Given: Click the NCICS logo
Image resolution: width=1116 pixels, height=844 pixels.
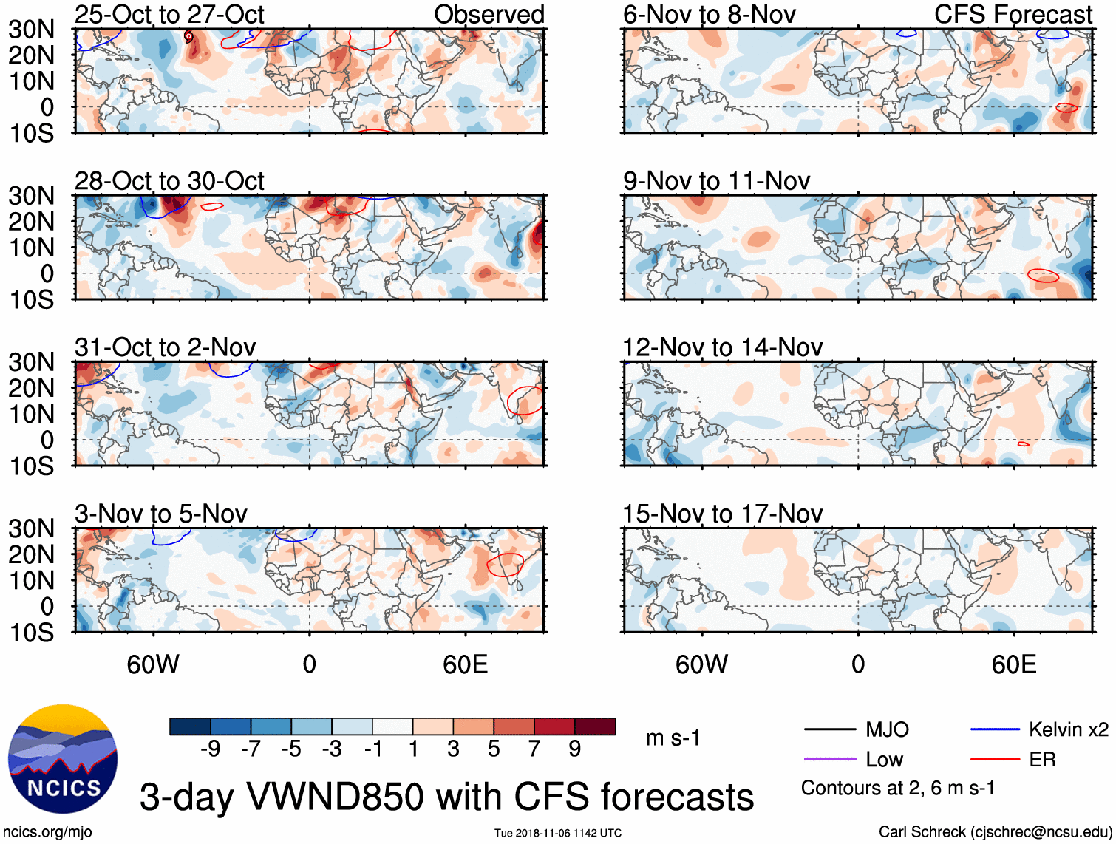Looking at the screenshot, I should (62, 759).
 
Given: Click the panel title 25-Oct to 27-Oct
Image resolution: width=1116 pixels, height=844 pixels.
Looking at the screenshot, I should (169, 15).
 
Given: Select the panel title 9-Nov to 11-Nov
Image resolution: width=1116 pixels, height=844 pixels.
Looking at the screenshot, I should (716, 181).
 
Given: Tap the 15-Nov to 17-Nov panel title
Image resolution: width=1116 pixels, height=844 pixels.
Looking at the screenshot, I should (722, 514).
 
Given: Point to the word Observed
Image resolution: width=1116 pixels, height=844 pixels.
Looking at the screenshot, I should (489, 15).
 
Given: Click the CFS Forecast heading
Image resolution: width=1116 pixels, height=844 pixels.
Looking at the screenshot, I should (1013, 15).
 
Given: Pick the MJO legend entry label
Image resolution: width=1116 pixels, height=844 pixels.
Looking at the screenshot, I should (887, 730).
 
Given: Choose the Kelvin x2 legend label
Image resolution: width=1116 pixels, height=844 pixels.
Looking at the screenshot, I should (1068, 730).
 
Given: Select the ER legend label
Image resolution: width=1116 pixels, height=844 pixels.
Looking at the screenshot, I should (1042, 760).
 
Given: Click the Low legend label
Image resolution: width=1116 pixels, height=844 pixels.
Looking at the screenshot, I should (885, 760).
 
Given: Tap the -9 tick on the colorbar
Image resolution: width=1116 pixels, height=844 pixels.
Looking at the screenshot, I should (210, 749).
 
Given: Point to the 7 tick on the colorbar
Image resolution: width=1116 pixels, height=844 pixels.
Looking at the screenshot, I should (534, 749).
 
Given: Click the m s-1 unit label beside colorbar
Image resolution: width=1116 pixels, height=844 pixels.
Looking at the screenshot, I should (673, 738).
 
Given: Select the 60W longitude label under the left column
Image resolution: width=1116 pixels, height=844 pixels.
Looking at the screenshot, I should (153, 664).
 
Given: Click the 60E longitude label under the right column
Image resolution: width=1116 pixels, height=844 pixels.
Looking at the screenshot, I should (1013, 664).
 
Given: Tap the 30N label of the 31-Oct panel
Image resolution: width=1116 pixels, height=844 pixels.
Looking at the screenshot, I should (32, 362).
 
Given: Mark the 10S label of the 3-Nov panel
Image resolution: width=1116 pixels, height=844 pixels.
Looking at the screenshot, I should (32, 633).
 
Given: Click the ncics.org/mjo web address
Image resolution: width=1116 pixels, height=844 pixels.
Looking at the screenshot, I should (47, 832).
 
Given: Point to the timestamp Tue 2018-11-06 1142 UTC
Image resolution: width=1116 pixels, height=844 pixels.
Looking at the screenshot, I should (558, 833).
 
